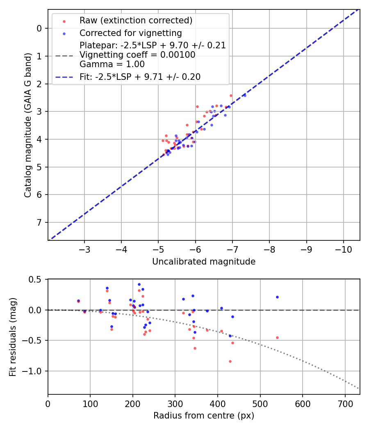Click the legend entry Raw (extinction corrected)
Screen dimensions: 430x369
(x=136, y=20)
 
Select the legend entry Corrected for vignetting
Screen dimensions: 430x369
(x=130, y=33)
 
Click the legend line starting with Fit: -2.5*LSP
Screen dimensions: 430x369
(x=140, y=77)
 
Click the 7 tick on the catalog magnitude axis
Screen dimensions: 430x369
(x=40, y=222)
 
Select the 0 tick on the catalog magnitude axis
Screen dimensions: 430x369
(x=40, y=28)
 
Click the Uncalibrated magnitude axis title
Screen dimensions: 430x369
(x=204, y=262)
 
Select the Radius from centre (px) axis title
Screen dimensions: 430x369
(x=204, y=416)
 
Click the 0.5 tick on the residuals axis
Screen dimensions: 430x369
(x=36, y=279)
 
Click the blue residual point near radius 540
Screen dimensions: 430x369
(x=277, y=297)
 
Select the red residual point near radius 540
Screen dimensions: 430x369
(x=277, y=337)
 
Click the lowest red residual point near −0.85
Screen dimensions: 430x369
(x=230, y=361)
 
